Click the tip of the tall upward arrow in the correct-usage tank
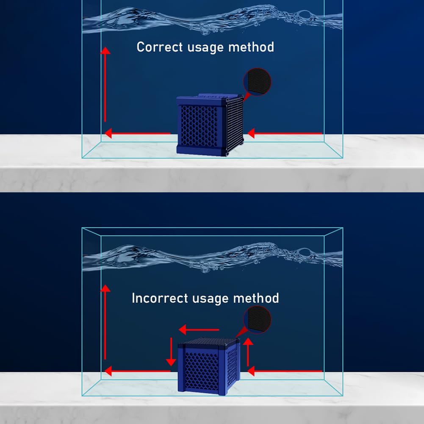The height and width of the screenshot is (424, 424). tap(105, 47)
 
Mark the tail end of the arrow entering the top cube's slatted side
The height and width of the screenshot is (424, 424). tap(322, 133)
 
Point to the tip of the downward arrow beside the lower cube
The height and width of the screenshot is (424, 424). tap(171, 366)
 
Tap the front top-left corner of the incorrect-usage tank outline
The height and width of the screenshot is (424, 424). tap(82, 228)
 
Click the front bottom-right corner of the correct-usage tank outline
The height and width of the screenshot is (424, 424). tap(343, 158)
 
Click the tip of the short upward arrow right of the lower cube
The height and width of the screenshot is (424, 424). tap(248, 338)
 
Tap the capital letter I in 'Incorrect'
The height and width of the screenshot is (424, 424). tap(133, 298)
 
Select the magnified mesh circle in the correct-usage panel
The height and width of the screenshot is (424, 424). tap(257, 82)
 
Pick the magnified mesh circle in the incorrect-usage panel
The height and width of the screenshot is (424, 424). tap(257, 320)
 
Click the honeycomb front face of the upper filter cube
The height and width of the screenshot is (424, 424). tap(199, 125)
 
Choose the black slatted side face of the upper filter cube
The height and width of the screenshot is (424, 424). tap(235, 124)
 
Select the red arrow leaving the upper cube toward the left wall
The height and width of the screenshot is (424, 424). tap(138, 133)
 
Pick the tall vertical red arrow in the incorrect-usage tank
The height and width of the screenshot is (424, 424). tap(105, 322)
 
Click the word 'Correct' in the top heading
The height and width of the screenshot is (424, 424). tap(160, 47)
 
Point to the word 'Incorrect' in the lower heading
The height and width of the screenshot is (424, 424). tap(160, 298)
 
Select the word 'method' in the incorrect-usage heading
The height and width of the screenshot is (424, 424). tap(256, 298)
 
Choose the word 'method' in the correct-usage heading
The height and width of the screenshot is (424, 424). tap(251, 47)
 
